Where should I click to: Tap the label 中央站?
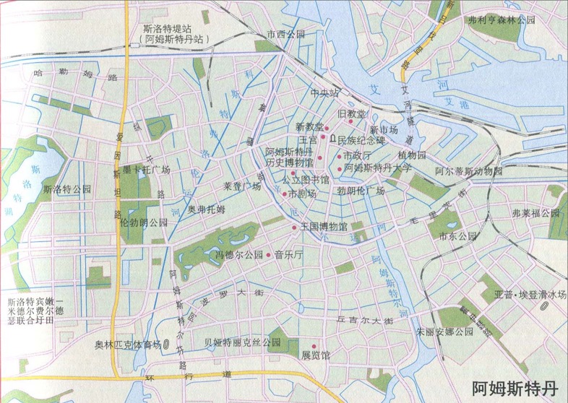coord(324,93)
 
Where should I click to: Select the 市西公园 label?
coord(285,34)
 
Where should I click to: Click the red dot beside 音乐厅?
coord(269,255)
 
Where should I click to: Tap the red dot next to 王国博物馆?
coord(294,227)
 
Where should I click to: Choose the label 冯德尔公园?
coord(238,255)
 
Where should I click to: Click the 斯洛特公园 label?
coord(67,188)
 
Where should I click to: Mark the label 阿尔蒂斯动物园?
coord(468,172)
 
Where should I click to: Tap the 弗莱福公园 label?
coord(535,213)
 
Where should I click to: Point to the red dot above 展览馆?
coord(314,346)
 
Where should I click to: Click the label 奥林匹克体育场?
coord(127,344)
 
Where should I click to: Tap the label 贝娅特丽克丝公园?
coord(241,342)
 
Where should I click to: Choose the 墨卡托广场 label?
coord(145,170)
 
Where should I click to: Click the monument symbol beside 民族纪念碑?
coord(332,137)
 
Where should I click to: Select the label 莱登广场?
coord(242,186)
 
